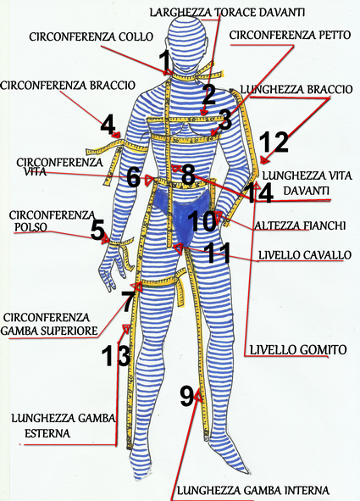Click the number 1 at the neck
(x=165, y=61)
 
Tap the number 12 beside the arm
(x=274, y=142)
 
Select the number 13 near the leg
(x=116, y=355)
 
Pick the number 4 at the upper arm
(x=108, y=125)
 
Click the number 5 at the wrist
(x=97, y=229)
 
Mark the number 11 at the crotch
(x=219, y=253)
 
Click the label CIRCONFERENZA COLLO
(x=91, y=36)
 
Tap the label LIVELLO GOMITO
(x=298, y=349)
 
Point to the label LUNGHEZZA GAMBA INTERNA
(x=252, y=490)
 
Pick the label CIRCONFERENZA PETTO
(x=290, y=35)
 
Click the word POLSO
(x=31, y=227)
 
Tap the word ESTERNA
(x=47, y=433)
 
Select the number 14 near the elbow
(x=260, y=193)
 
